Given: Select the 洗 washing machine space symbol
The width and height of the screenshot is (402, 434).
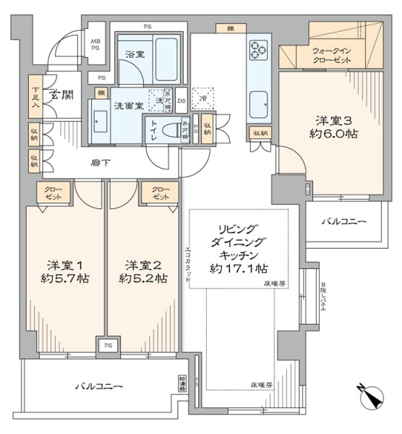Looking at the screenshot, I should coord(155,96).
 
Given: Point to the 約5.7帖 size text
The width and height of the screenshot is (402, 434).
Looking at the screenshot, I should coord(64,278).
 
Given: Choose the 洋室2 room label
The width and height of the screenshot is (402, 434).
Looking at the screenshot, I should coord(141,264).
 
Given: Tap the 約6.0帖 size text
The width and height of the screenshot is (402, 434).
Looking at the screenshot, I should coord(336,134).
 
